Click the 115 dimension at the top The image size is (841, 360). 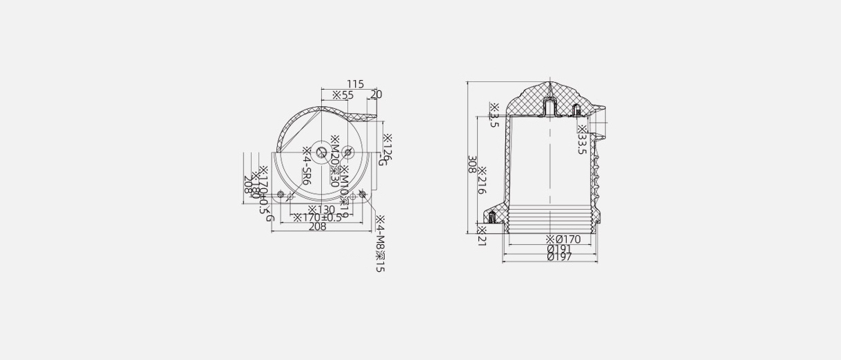[x=355, y=84]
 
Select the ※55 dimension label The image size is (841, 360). [x=343, y=95]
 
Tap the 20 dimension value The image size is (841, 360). [x=376, y=94]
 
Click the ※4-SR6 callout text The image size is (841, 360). [x=307, y=166]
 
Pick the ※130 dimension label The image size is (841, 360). [x=321, y=210]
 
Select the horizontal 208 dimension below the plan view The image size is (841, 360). [x=317, y=227]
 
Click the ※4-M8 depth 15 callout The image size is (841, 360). [x=379, y=243]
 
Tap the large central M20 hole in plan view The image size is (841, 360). [x=322, y=152]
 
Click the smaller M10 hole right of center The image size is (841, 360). [x=347, y=152]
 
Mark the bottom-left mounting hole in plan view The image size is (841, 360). [x=281, y=194]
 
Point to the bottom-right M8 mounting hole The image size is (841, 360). [x=363, y=194]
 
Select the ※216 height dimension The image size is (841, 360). [x=483, y=181]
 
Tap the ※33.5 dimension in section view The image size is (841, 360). [x=582, y=140]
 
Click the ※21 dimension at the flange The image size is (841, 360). [x=482, y=234]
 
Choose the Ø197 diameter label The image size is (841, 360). [x=559, y=257]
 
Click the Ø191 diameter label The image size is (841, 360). [x=559, y=248]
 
